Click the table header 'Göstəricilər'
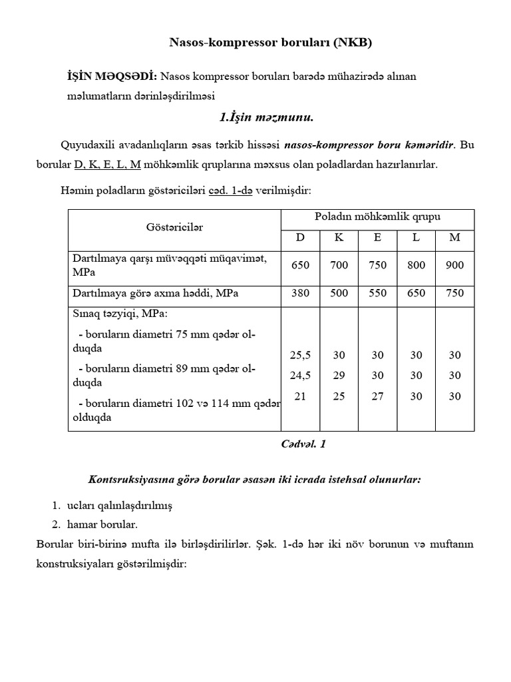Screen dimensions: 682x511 tap(174, 227)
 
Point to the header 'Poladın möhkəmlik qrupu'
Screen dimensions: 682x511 tap(377, 217)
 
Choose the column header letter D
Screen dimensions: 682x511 tap(301, 238)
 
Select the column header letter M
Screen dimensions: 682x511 tap(455, 238)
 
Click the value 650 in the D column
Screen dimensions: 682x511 tap(301, 265)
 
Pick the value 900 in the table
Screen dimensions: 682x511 tap(455, 265)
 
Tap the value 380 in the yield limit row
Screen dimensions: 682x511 tap(301, 293)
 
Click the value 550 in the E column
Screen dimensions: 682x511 tap(377, 293)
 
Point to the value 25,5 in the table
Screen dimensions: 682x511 tap(301, 355)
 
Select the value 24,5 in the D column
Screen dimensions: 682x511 tap(301, 376)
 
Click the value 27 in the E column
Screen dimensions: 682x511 tap(377, 396)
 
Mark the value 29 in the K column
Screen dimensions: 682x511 tap(339, 376)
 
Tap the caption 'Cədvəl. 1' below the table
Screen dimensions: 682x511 tap(304, 444)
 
